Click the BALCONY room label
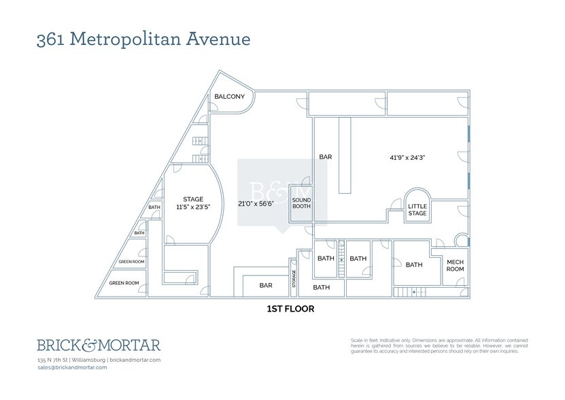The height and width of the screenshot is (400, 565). point(229,97)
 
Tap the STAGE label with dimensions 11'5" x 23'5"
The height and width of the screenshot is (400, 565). point(193,203)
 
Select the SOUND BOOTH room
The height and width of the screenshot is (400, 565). point(301,203)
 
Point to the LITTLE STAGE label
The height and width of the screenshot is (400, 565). point(417,210)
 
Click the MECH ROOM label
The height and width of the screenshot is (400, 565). point(455,265)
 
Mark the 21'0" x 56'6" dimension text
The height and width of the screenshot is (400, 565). point(256,203)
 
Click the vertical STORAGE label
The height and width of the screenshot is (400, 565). point(294,278)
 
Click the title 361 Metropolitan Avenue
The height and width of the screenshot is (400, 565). point(143,39)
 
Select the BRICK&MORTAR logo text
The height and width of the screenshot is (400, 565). point(99,344)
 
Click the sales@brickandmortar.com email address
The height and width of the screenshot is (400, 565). point(72,367)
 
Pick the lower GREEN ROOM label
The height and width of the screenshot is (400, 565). point(124,283)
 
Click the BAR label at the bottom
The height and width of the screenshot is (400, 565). point(265,286)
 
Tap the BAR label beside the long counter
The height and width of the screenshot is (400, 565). point(326,157)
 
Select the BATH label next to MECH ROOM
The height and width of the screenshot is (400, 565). point(413,265)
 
